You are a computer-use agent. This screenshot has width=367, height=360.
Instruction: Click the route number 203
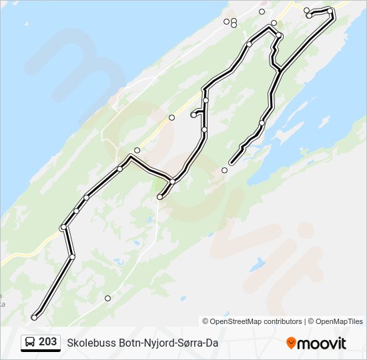47,342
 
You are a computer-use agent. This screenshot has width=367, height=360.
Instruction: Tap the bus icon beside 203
31,342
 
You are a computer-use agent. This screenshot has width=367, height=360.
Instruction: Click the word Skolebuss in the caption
89,343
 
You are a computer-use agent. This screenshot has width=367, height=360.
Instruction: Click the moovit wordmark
322,343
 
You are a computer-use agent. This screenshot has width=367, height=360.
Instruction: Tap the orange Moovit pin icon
291,343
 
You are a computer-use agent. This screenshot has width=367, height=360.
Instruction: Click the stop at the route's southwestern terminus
34,317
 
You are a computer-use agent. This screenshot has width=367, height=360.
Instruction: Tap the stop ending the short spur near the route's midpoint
159,197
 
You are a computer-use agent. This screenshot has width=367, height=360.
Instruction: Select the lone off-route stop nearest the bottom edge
107,298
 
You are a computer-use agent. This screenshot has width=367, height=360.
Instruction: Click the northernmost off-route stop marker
262,11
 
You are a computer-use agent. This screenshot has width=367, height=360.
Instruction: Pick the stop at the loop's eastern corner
330,11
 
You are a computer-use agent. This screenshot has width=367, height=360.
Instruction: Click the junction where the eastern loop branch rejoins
280,69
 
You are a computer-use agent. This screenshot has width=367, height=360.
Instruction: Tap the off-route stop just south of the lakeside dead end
224,171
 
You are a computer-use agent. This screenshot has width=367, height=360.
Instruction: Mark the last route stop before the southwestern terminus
72,256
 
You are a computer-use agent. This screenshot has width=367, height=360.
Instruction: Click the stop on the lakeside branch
262,123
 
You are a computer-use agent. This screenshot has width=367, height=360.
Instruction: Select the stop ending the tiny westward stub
193,115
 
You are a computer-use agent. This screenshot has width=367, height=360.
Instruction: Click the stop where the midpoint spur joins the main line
172,181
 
